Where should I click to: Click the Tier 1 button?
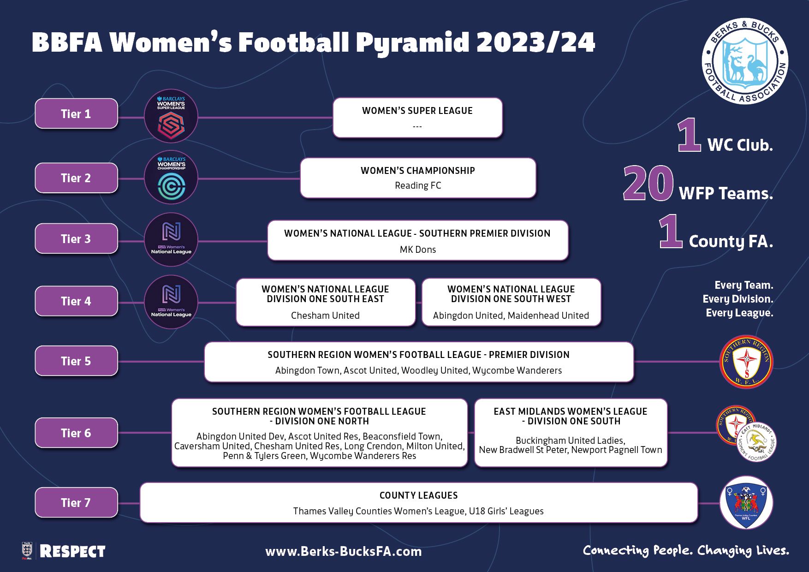pos(76,113)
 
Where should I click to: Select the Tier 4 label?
pos(76,301)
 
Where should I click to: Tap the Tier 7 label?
pos(76,502)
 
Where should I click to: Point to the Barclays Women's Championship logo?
pos(171,178)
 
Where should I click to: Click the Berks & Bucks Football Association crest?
pos(744,61)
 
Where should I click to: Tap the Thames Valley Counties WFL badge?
pos(746,502)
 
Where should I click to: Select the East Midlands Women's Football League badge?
pos(756,441)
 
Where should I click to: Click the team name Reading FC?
pos(418,185)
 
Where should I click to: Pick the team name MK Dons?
pos(418,250)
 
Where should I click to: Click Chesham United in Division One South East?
pos(325,316)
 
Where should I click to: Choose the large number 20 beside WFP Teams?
pos(648,184)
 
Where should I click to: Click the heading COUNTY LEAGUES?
pos(419,495)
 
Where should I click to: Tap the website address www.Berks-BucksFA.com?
pos(344,551)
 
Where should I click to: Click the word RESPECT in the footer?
pos(72,551)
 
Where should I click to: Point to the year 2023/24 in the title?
pos(535,42)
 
